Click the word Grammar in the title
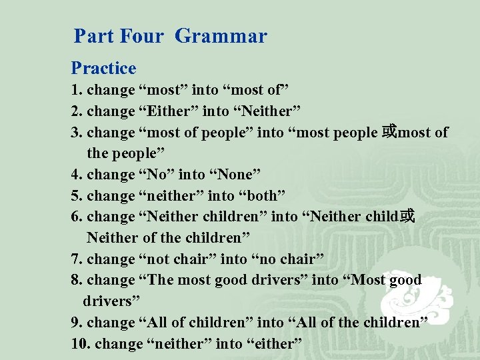[221, 36]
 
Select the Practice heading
[103, 68]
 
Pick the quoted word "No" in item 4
[154, 174]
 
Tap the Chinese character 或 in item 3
[389, 132]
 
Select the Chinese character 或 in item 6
[407, 217]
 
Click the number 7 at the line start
[75, 259]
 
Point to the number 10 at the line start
[79, 344]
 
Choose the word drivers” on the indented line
[107, 301]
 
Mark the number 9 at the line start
[75, 323]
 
